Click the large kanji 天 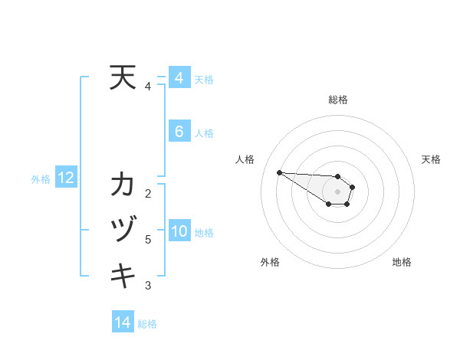[x=123, y=78]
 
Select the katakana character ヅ [x=123, y=230]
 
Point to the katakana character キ [x=123, y=274]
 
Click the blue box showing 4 [x=179, y=78]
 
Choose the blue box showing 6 [x=179, y=132]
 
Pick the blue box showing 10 [x=179, y=231]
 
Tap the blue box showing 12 [x=66, y=178]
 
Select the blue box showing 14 [x=123, y=322]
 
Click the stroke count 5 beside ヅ [x=148, y=240]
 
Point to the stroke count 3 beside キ [x=148, y=286]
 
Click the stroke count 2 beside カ [x=148, y=193]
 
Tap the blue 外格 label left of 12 [x=41, y=179]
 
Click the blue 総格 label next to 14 [x=147, y=324]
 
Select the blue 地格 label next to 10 [x=204, y=233]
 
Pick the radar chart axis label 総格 [x=337, y=100]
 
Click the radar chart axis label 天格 [x=431, y=159]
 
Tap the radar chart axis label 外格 [x=269, y=262]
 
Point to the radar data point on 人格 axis [x=279, y=172]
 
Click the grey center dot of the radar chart [x=337, y=191]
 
